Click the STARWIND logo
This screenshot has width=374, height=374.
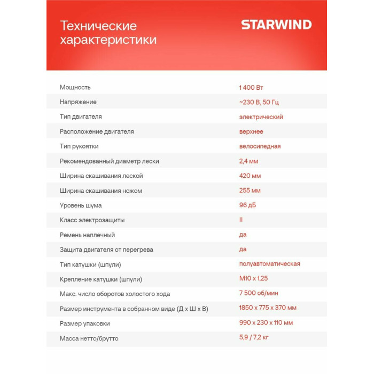[276, 25]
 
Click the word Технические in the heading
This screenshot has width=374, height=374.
[98, 26]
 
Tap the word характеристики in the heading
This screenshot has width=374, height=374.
[108, 40]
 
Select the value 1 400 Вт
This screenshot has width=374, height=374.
[251, 87]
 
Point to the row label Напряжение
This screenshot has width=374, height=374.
[78, 102]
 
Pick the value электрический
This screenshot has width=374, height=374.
[261, 116]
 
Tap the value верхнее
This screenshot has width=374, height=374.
[251, 131]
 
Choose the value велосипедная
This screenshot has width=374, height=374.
[260, 146]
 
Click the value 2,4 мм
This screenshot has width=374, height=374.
[248, 161]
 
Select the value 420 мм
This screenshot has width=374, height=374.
[250, 176]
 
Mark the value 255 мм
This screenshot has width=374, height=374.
[250, 191]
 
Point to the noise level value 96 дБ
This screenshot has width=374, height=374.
[248, 205]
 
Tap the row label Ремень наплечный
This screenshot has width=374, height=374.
[87, 235]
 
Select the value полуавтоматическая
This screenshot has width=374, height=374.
[269, 264]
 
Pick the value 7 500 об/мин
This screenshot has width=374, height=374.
[259, 293]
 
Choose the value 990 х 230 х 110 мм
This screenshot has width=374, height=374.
[266, 323]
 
